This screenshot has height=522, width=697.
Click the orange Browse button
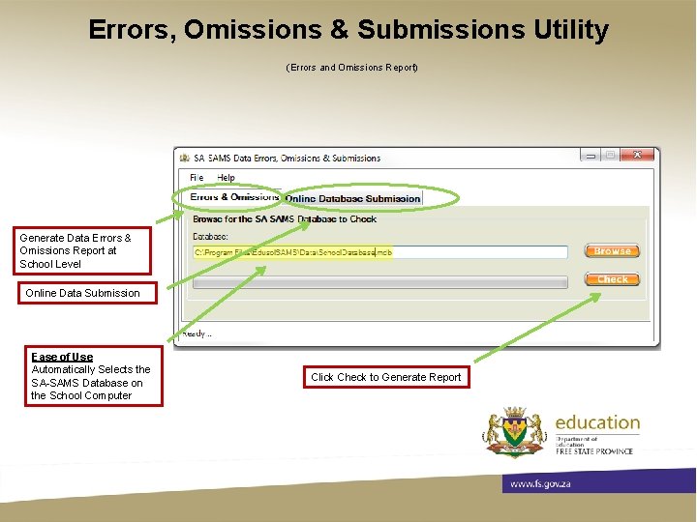coord(612,251)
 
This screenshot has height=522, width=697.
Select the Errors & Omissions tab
coord(234,197)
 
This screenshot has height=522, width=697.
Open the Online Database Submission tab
coord(352,198)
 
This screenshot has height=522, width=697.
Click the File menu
coord(197,178)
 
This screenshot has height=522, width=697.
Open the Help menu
coord(226,178)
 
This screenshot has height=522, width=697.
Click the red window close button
coord(636,155)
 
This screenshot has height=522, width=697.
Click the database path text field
coord(379,252)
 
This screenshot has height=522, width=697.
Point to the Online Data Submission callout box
coord(82,293)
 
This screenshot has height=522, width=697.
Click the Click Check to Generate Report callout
coord(385,377)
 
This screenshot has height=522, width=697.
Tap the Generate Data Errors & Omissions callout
coord(75,250)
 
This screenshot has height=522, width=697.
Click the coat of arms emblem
coord(515,431)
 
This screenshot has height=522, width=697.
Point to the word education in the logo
coord(597,422)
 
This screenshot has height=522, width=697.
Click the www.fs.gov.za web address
coord(539,483)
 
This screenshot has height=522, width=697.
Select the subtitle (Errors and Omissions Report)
coord(351,68)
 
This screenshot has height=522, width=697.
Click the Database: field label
coord(210,236)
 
